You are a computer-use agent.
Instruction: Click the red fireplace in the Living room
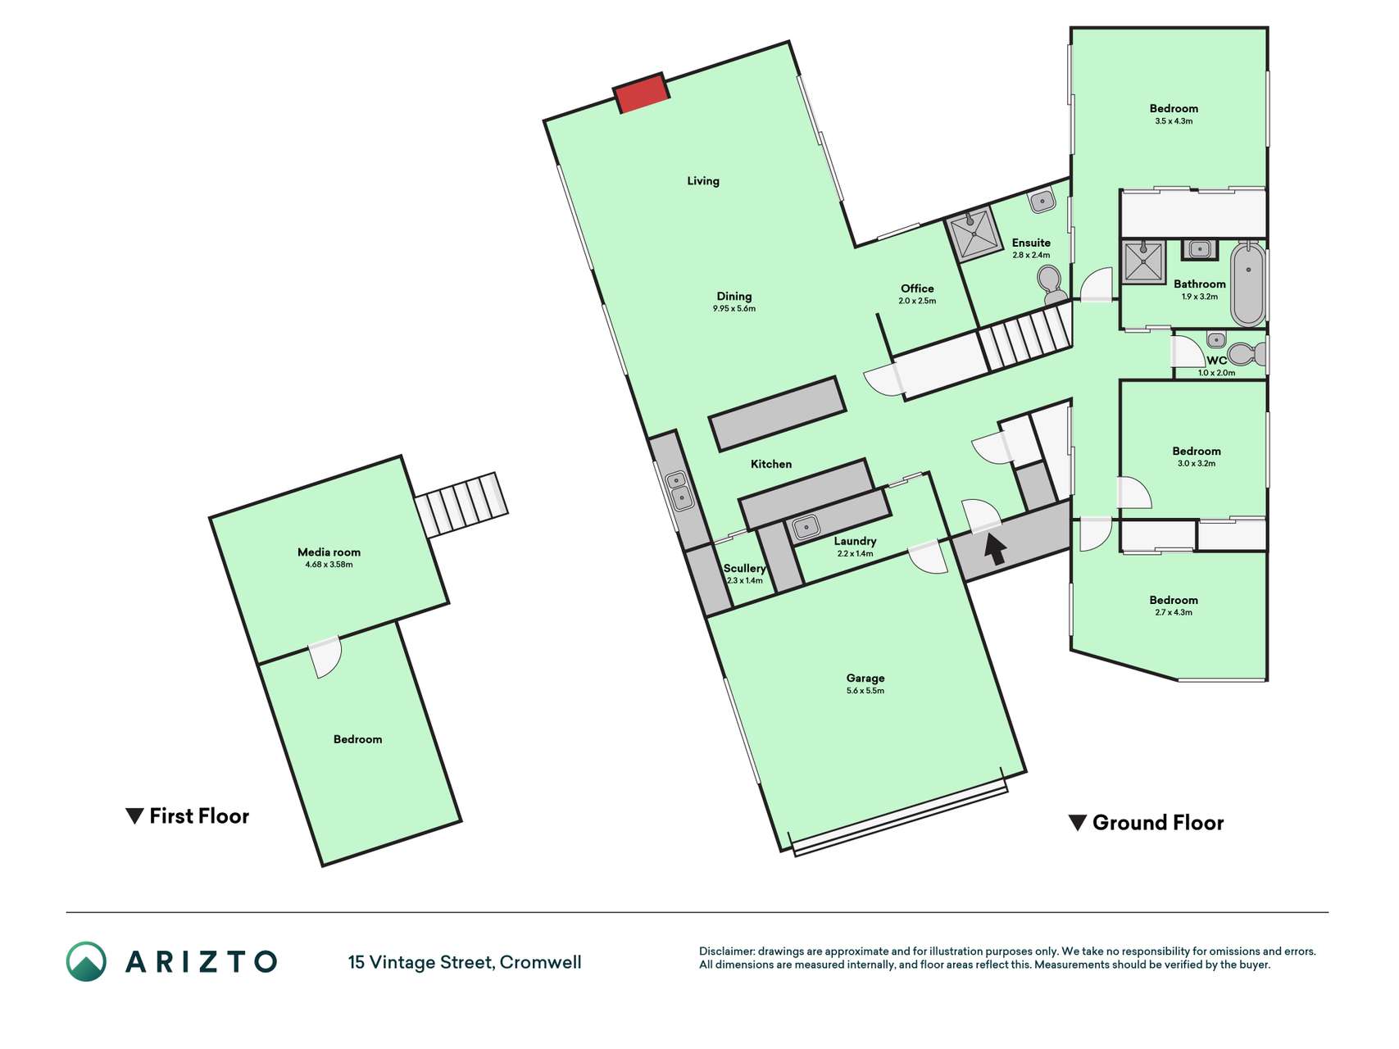pyautogui.click(x=643, y=93)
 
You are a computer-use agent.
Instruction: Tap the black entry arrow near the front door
pyautogui.click(x=995, y=548)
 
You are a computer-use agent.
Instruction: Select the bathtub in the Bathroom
pyautogui.click(x=1248, y=284)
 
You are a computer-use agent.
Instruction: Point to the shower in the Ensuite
pyautogui.click(x=974, y=234)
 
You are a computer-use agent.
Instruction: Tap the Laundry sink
pyautogui.click(x=806, y=526)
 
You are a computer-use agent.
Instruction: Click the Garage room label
pyautogui.click(x=865, y=678)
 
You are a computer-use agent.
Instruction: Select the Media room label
pyautogui.click(x=329, y=552)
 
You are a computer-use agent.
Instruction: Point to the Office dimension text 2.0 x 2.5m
pyautogui.click(x=917, y=301)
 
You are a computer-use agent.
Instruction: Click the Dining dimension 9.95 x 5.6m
pyautogui.click(x=734, y=309)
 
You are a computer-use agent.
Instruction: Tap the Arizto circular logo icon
pyautogui.click(x=86, y=961)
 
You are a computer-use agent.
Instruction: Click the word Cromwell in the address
pyautogui.click(x=541, y=962)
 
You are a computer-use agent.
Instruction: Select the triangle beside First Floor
pyautogui.click(x=134, y=816)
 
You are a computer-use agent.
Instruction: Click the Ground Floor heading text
pyautogui.click(x=1158, y=823)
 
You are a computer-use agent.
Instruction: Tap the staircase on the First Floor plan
pyautogui.click(x=461, y=503)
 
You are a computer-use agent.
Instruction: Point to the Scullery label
pyautogui.click(x=744, y=568)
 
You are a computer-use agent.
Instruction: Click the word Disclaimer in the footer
pyautogui.click(x=726, y=951)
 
